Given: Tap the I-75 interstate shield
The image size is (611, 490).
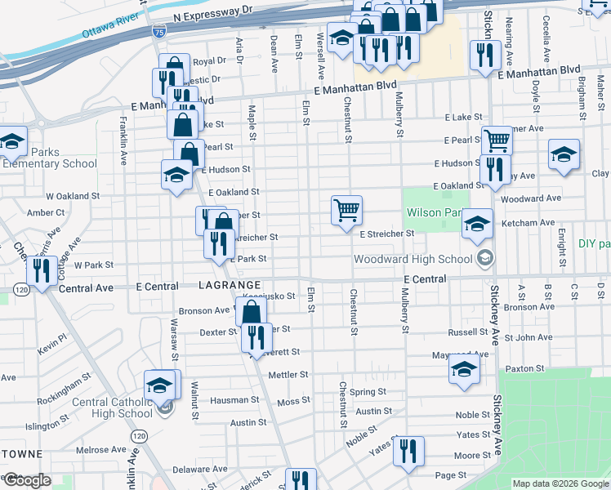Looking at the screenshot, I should pos(158,32).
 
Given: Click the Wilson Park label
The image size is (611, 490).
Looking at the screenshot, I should pos(433,212).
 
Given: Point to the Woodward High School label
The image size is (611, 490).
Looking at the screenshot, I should pos(413,259).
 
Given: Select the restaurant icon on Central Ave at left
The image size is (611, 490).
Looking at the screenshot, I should pos(41,269).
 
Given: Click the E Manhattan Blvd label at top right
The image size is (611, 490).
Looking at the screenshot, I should pos(538,73).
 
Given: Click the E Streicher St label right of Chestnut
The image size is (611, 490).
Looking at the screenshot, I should pos(388,234).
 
